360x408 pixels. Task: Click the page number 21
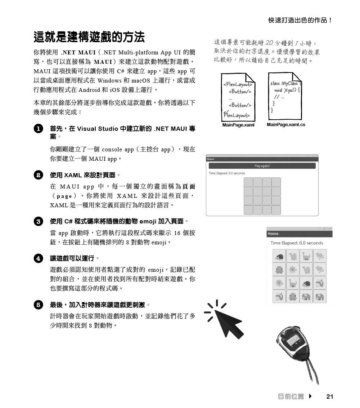[x=329, y=396]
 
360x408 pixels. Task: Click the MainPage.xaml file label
[x=238, y=125]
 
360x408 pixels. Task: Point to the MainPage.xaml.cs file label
[x=286, y=125]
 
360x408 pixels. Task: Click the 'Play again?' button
[x=262, y=166]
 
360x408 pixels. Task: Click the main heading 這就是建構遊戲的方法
[x=89, y=37]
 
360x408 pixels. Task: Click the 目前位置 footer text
[x=291, y=396]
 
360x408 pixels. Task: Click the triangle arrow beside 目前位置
[x=310, y=396]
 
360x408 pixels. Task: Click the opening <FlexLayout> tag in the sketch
[x=238, y=85]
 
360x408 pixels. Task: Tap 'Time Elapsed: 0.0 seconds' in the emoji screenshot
[x=297, y=243]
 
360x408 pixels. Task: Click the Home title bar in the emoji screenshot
[x=273, y=234]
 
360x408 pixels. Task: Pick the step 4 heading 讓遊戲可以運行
[x=73, y=258]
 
